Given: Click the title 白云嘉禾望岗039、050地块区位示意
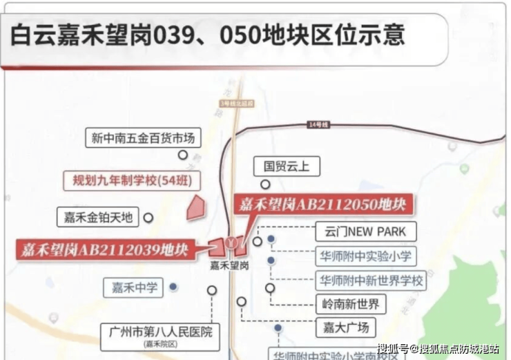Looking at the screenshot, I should click(x=207, y=35).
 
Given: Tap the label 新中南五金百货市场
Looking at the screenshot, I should click(x=143, y=138).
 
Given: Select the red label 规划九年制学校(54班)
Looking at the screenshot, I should click(x=132, y=181).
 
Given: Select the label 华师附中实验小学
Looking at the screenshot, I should click(x=365, y=257).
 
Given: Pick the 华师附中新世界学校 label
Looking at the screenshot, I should click(x=370, y=281).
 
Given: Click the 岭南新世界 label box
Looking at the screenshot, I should click(x=350, y=304).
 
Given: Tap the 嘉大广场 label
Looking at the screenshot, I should click(x=345, y=327).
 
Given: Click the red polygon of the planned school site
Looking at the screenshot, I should click(x=195, y=207).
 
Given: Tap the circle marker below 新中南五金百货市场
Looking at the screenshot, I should click(x=183, y=155).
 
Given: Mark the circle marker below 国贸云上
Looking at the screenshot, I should click(x=264, y=184).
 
